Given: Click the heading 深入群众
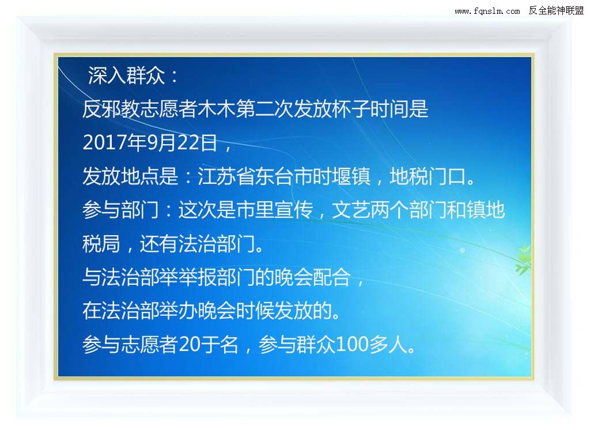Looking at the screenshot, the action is (x=126, y=76).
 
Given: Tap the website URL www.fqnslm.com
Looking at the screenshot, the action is (x=487, y=11).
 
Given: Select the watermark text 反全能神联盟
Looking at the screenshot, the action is (x=556, y=10).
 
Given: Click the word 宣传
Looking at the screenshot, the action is (x=293, y=210).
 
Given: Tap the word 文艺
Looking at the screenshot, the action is (x=351, y=210).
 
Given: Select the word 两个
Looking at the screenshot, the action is (x=389, y=210).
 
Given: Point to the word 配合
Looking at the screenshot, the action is (x=332, y=277).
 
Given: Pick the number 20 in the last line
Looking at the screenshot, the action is (x=189, y=344).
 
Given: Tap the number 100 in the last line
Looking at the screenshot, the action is (x=351, y=344).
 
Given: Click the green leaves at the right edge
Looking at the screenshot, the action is (x=523, y=259).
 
